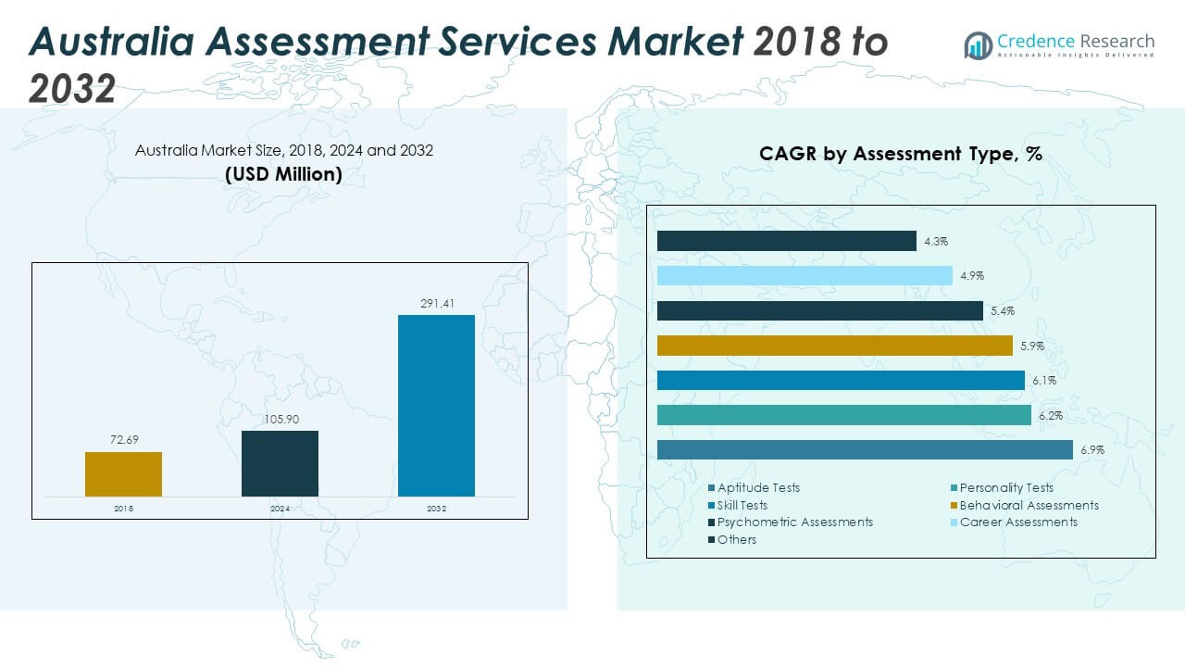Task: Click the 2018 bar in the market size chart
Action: pos(123,473)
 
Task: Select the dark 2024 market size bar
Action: pos(280,463)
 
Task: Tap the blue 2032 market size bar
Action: pos(436,406)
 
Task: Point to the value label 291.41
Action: pos(436,303)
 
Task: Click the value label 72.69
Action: pos(123,440)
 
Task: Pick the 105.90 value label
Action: pos(280,419)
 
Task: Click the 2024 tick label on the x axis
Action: pos(280,509)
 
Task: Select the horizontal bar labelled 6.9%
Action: pos(865,449)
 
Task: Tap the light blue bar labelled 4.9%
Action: pos(805,275)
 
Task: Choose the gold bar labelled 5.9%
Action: pos(834,346)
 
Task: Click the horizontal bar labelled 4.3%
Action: pos(786,241)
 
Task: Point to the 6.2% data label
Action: pos(1050,416)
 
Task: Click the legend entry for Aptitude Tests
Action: pos(757,487)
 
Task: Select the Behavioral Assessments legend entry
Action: pos(1028,505)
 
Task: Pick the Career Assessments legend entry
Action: pos(1017,522)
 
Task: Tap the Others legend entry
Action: pos(736,539)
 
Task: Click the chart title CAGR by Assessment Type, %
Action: pos(901,154)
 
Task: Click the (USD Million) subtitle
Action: pos(283,173)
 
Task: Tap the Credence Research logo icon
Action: pos(978,44)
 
